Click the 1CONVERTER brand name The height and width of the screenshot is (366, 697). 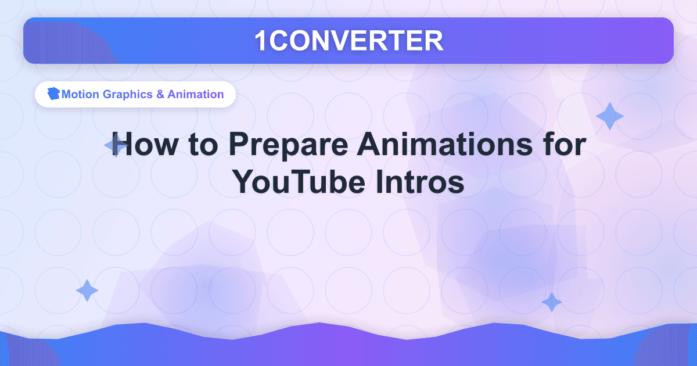point(348,41)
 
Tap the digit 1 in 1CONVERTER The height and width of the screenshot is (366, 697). point(261,41)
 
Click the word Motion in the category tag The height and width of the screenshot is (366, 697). point(81,94)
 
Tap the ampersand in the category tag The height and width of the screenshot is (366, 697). point(160,94)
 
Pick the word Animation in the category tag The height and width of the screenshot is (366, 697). point(195,94)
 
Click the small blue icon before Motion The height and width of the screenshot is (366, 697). point(55,94)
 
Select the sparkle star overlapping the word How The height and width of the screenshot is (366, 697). point(116,146)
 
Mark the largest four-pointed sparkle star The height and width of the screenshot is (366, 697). point(609,116)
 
